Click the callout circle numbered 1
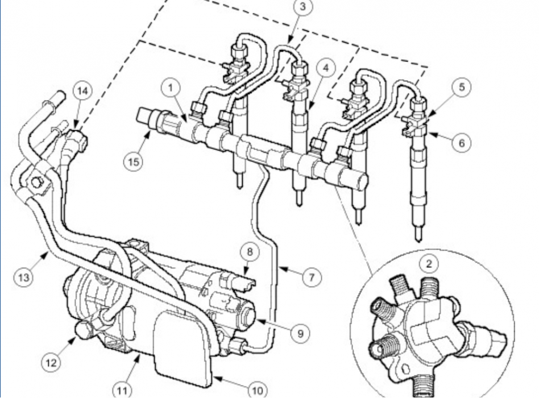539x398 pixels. tap(170, 89)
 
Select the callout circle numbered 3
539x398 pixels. tap(303, 7)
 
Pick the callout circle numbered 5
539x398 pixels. tap(462, 87)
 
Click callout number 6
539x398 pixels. tap(461, 143)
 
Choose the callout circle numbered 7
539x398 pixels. tap(311, 277)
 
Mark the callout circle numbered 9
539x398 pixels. tap(300, 332)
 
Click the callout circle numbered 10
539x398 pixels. tap(257, 389)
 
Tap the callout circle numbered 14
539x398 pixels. tap(83, 90)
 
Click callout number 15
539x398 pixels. tap(134, 161)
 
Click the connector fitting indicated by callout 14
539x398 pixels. tap(77, 138)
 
